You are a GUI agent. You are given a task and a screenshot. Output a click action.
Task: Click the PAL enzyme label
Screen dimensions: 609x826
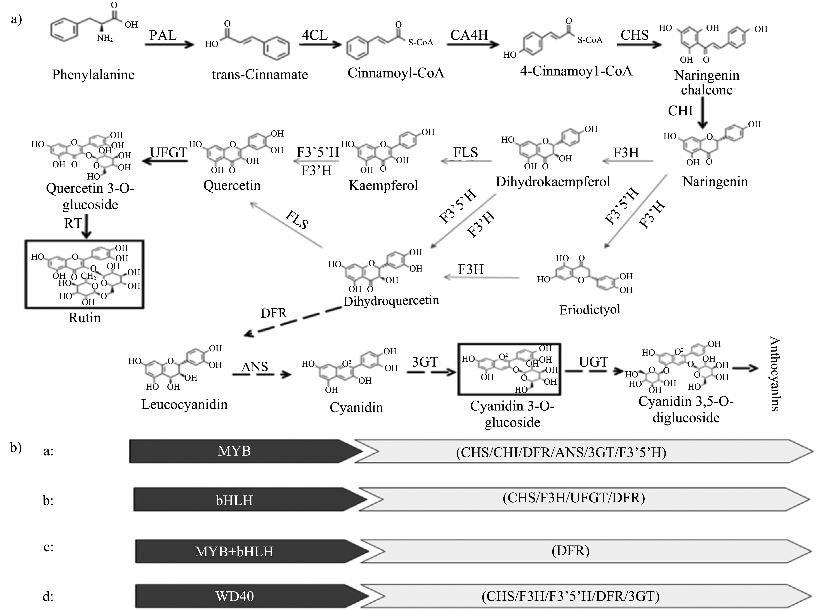163,35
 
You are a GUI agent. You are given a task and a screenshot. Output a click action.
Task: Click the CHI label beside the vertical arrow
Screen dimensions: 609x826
680,111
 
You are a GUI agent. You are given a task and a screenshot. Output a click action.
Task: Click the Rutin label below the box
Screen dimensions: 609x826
84,318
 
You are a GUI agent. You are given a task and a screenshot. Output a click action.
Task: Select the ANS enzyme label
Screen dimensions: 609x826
254,367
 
